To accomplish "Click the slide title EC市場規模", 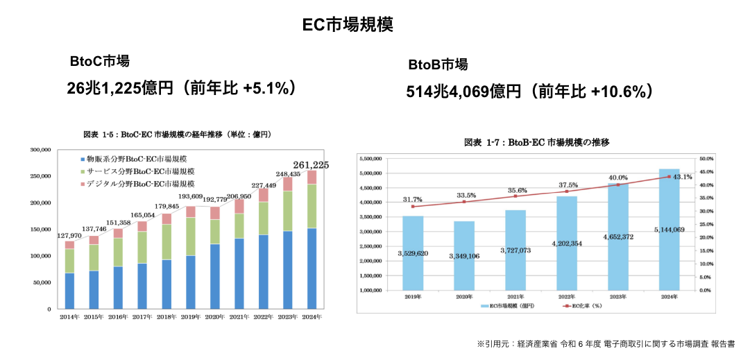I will point(348,24).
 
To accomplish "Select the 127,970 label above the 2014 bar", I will point(70,235).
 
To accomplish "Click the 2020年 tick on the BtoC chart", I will point(214,317).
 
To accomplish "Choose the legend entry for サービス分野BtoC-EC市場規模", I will point(137,171).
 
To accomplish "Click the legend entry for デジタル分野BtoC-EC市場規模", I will point(137,184).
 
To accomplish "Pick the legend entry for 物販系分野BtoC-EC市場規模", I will point(137,158).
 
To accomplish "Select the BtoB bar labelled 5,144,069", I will point(669,229).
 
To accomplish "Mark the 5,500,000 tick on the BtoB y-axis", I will point(375,159).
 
